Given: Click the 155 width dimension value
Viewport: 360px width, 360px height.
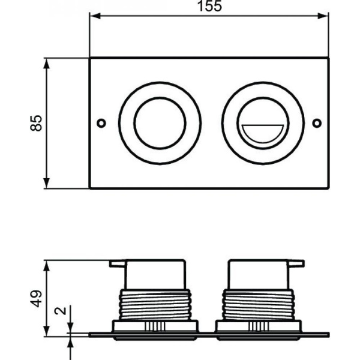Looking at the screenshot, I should tap(209, 7).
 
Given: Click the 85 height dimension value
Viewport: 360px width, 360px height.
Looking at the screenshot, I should tap(37, 123).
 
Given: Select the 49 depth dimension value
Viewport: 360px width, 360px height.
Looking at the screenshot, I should tap(37, 298).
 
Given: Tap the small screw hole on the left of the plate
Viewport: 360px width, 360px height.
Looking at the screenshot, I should tap(101, 123).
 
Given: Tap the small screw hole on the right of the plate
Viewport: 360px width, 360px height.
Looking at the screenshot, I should tap(317, 123).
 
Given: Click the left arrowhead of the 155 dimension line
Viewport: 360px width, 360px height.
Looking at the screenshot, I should tap(94, 16).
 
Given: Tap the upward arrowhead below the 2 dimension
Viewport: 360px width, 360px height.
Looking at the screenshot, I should tap(71, 341).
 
